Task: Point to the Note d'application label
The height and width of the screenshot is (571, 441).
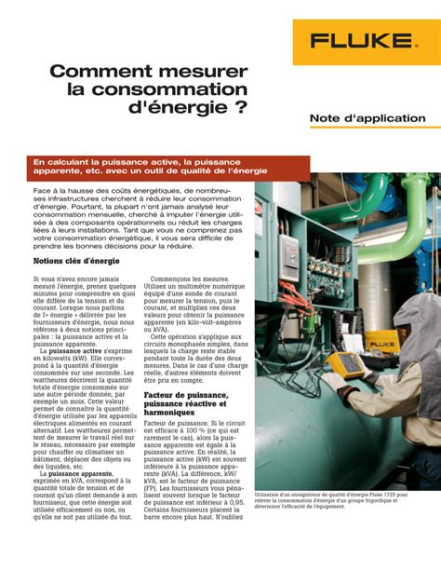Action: point(367,119)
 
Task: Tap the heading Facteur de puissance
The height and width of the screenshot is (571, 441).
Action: point(185,395)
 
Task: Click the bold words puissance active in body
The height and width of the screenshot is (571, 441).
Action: point(79,350)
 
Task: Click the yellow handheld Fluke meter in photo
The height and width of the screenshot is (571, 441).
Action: point(345,362)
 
